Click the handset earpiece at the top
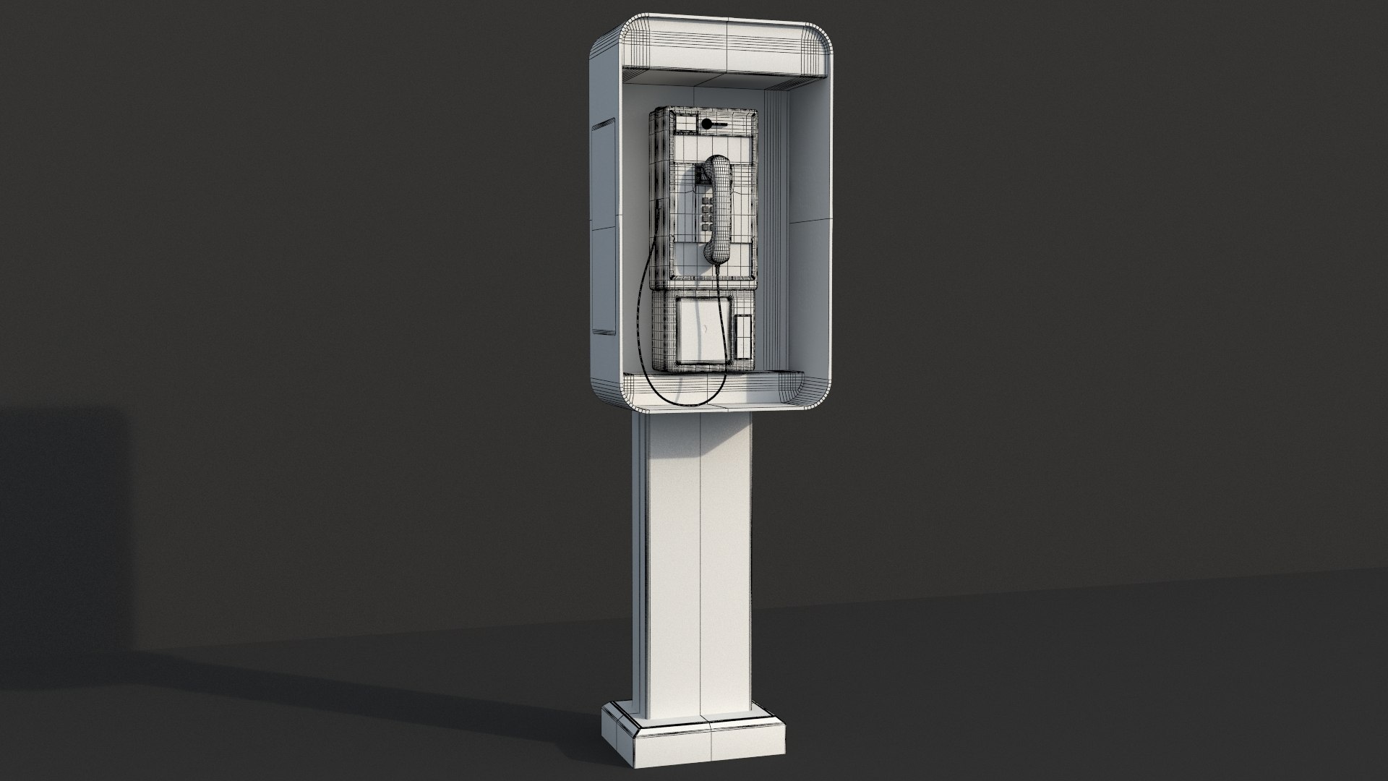pos(718,164)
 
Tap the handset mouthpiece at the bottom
pos(716,252)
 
